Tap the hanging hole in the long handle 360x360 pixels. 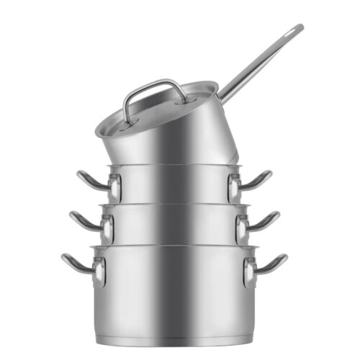[294, 31]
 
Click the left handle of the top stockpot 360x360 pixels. [90, 181]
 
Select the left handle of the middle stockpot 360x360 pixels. [84, 220]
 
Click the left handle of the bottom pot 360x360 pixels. [75, 263]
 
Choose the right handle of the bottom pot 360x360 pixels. [273, 264]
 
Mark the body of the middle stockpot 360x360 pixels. [173, 225]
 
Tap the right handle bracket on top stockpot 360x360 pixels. [234, 188]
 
